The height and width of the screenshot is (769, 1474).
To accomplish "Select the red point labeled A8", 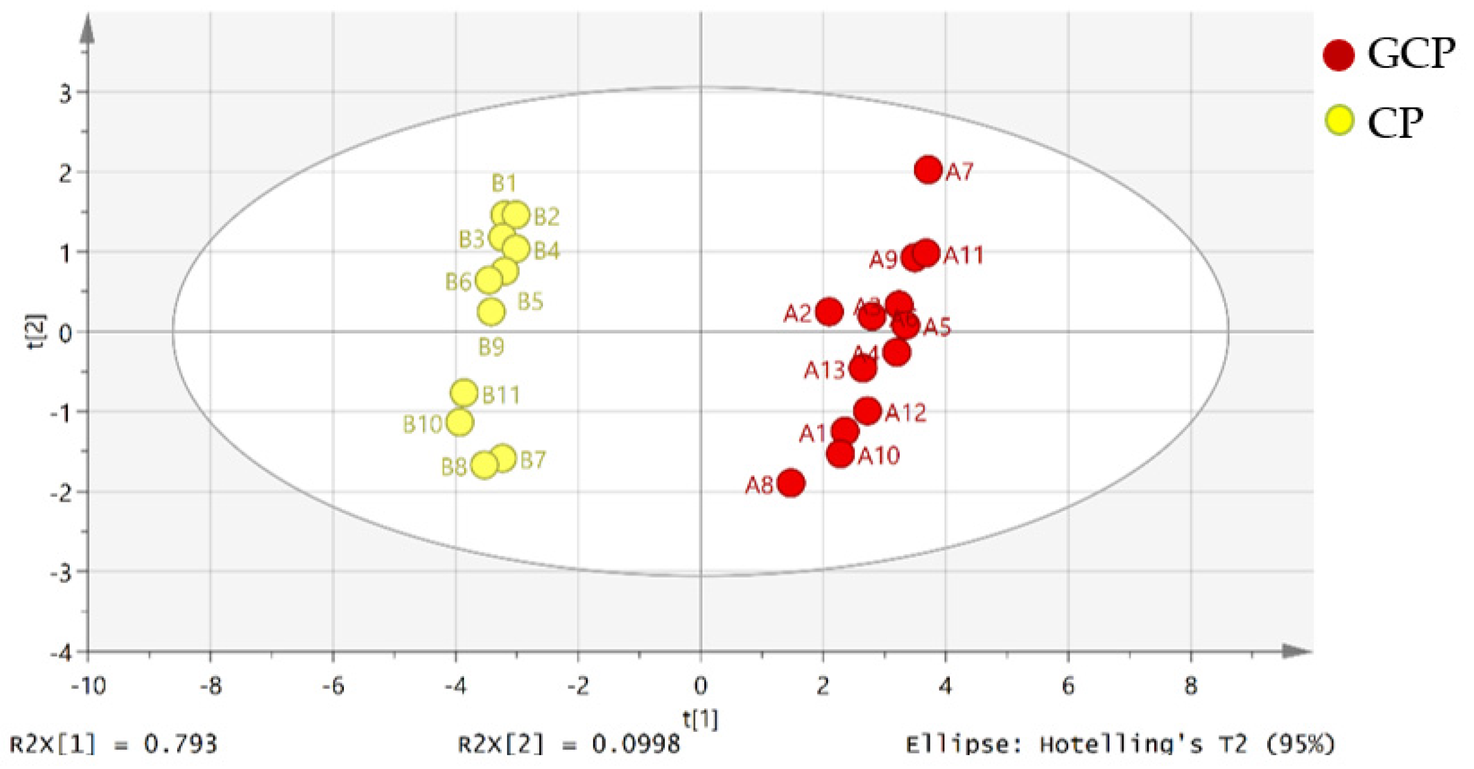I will [x=790, y=483].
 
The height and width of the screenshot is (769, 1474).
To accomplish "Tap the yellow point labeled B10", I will [x=460, y=422].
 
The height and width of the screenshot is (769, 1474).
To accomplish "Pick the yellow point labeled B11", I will [x=464, y=393].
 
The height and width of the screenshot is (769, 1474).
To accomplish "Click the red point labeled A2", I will [x=829, y=311].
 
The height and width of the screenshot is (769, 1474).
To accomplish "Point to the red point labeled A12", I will [x=867, y=411].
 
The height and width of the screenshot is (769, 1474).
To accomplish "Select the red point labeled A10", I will [x=840, y=453].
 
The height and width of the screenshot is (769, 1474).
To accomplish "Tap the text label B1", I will [x=503, y=183].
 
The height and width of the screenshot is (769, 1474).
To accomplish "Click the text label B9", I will [x=491, y=347].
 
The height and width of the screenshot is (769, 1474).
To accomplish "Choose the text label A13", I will [x=824, y=370].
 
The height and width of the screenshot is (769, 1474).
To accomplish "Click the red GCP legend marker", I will [x=1338, y=55].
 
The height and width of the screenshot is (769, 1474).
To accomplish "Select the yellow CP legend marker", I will [x=1339, y=120].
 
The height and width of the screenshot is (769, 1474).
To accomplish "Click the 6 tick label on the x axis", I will [x=1068, y=685].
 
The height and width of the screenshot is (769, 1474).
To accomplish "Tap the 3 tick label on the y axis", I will [x=65, y=93].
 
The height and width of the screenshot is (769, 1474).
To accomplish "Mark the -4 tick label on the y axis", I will [x=61, y=654].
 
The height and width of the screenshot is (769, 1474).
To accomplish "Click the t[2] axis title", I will [x=36, y=331].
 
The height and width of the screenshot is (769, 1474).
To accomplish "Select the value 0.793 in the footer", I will [x=180, y=744].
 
